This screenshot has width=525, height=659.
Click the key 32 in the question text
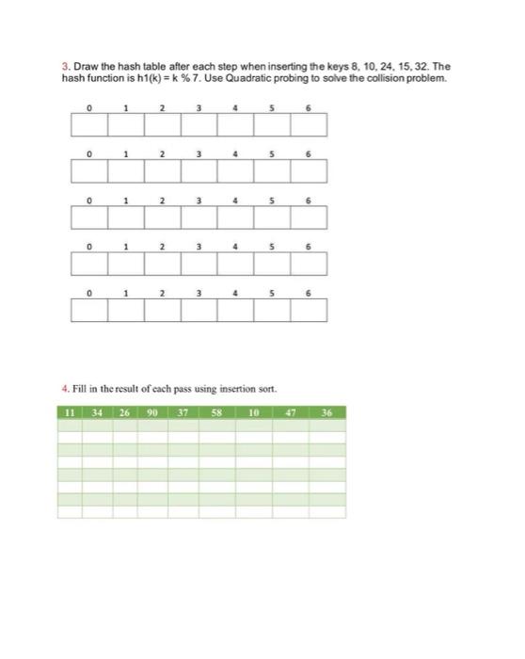tap(431, 67)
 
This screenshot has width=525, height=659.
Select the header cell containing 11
tap(70, 412)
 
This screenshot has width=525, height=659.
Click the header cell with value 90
tap(152, 412)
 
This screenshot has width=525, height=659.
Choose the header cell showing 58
tap(215, 412)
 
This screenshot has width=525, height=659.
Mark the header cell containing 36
tap(326, 412)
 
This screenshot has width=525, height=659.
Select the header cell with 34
tap(97, 412)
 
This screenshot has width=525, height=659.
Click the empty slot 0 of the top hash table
tap(87, 124)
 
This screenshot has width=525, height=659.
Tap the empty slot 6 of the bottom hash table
tap(309, 310)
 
